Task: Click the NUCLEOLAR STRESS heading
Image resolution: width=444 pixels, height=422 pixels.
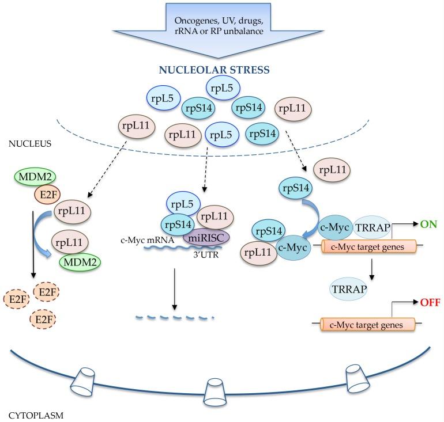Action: (221, 73)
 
